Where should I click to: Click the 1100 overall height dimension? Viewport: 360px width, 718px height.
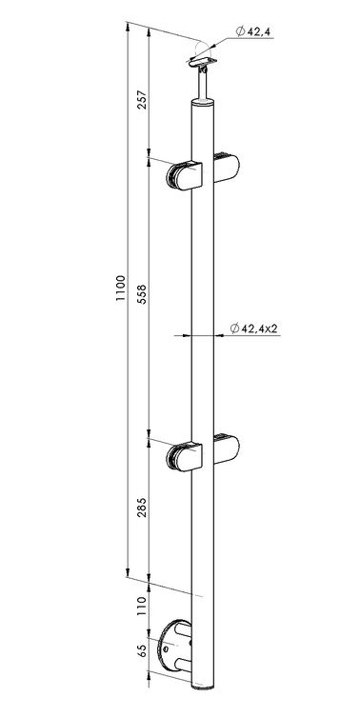tap(120, 288)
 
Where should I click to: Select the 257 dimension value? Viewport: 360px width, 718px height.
tap(142, 97)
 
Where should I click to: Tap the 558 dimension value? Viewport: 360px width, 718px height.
tap(142, 294)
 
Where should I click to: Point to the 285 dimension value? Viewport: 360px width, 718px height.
tap(142, 508)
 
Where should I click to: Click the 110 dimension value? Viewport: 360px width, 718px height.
tap(142, 606)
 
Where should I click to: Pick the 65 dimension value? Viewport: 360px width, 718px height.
tap(142, 650)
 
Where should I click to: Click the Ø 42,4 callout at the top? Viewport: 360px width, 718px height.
tap(252, 31)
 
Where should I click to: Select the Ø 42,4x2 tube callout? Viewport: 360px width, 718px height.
tap(254, 328)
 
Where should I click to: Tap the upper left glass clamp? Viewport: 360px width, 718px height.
tap(185, 175)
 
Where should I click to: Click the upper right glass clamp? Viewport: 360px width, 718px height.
tap(227, 169)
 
